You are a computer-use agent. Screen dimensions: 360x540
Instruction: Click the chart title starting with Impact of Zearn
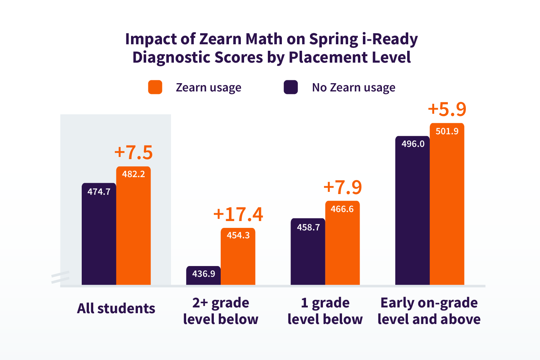271,48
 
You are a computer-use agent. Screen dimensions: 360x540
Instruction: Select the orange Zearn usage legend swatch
155,87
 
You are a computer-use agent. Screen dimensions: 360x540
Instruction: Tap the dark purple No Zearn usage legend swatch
291,87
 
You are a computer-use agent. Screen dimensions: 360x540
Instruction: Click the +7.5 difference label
134,152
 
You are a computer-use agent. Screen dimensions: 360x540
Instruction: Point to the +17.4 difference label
238,214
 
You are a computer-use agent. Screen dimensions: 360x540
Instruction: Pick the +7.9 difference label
342,187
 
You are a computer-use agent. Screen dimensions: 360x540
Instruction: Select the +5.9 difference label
447,109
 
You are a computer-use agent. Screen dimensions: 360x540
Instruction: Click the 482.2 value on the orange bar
134,174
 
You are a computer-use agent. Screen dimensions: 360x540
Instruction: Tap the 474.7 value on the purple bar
99,192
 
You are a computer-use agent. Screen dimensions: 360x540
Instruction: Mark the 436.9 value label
203,274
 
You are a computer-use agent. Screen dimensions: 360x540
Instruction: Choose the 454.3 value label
238,235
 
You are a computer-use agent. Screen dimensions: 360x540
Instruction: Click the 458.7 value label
308,228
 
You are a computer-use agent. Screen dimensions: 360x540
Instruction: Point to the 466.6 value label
342,209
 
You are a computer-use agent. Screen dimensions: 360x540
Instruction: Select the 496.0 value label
413,144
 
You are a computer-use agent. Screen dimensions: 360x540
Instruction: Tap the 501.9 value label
447,131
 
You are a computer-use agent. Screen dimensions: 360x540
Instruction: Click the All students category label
116,309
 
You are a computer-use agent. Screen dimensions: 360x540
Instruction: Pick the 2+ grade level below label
221,311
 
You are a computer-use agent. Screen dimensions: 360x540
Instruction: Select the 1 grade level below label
325,311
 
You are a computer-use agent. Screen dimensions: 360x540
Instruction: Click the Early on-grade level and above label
429,311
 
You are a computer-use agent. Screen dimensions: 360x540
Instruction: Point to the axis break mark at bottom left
60,277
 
